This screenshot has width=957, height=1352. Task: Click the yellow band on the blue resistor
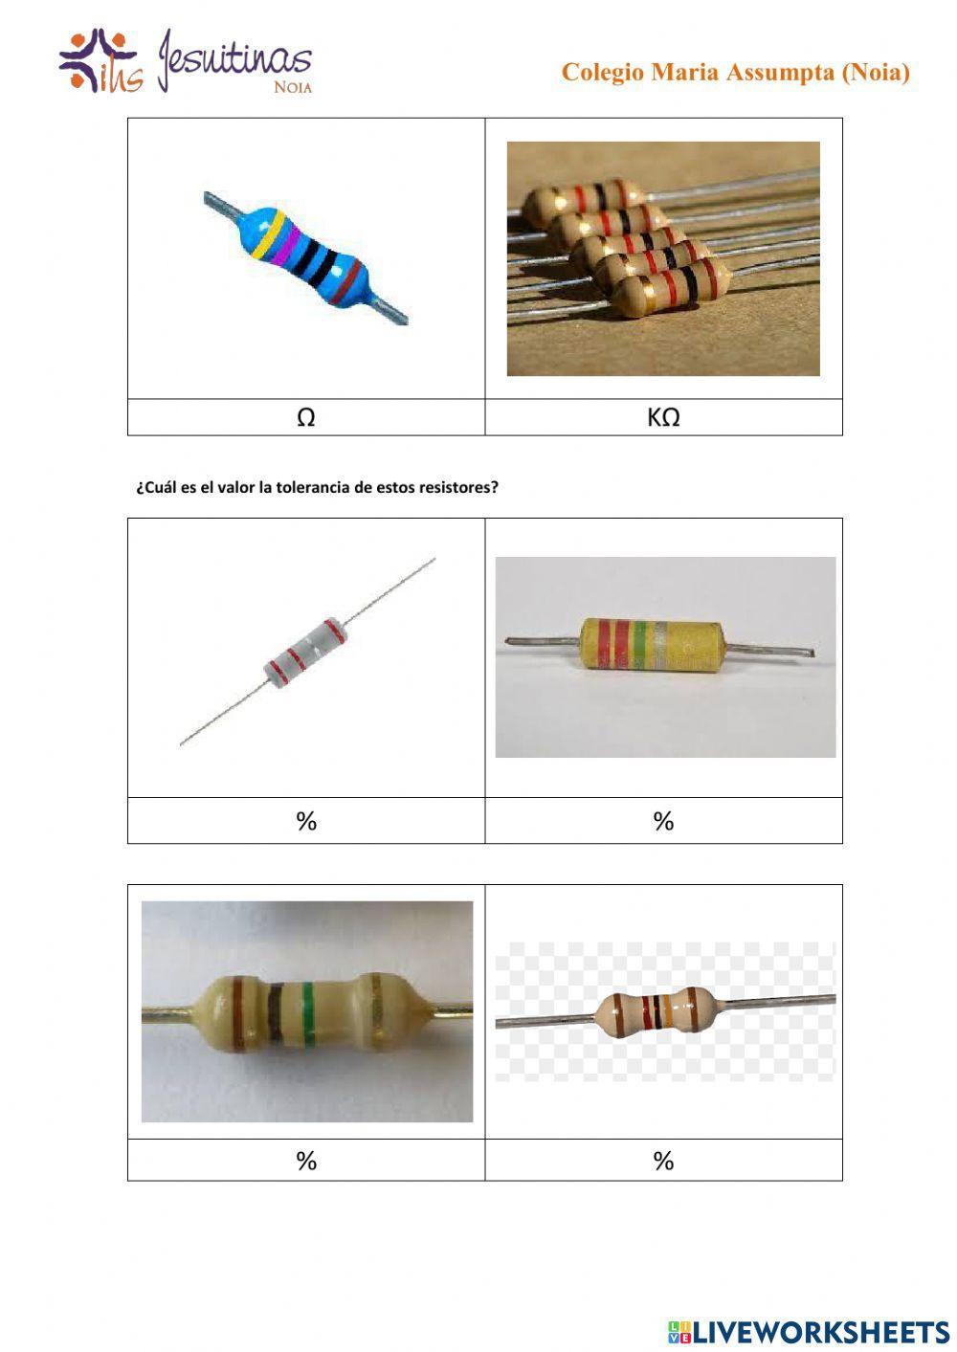[267, 231]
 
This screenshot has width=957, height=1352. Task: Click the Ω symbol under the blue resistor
[306, 418]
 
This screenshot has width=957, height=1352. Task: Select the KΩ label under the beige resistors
[663, 418]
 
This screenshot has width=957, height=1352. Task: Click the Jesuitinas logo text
[235, 60]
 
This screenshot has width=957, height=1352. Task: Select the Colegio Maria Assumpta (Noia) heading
[735, 73]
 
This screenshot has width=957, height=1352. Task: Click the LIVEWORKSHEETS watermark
[809, 1331]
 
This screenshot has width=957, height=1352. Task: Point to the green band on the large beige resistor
[307, 1010]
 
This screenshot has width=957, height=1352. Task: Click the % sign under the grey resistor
[306, 821]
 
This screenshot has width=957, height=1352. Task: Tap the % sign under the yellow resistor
[663, 821]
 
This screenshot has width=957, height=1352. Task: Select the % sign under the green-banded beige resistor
[306, 1161]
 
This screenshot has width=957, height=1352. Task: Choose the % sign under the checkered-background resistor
[663, 1161]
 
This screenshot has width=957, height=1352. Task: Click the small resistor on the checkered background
[657, 1012]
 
